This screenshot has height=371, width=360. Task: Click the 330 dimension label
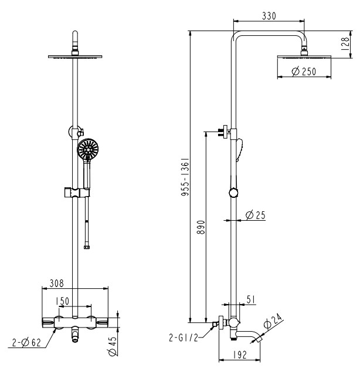269,16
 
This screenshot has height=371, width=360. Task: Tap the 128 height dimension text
345,43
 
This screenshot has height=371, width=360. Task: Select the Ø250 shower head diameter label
304,71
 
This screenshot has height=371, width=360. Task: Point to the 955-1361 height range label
185,177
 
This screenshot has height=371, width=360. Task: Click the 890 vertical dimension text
201,227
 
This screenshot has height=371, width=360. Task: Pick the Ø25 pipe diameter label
256,215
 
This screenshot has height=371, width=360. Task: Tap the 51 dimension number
251,299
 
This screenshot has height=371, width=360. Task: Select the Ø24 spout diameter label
273,321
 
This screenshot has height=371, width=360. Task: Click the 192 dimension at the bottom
240,355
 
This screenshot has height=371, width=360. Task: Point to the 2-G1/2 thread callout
184,338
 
